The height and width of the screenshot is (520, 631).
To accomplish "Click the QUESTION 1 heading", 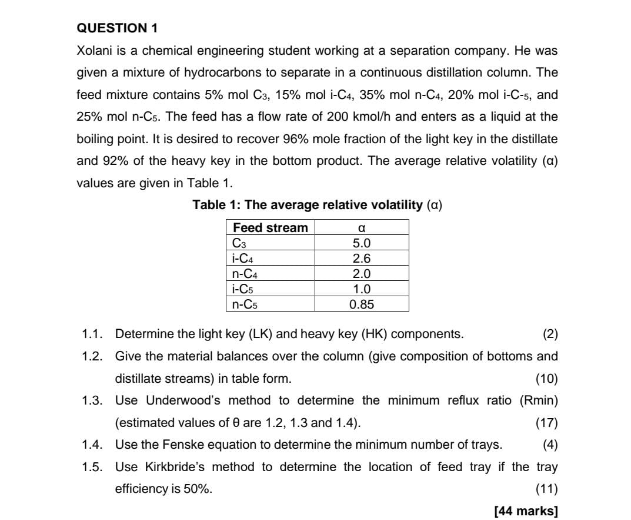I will click(118, 28).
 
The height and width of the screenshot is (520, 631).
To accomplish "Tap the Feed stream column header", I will click(271, 228).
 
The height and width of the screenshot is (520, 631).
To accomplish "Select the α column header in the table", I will click(362, 228).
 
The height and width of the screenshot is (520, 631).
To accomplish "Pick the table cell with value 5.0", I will click(362, 243).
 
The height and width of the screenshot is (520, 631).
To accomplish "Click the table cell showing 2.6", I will click(362, 259).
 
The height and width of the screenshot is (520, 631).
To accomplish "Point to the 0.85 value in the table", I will click(362, 304).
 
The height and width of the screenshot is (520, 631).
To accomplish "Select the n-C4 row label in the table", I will click(246, 274).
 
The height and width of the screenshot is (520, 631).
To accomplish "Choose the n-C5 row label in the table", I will click(246, 304).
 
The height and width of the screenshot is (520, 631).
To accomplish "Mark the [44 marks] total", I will click(526, 511).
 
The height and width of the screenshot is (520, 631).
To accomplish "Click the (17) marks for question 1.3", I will click(547, 423).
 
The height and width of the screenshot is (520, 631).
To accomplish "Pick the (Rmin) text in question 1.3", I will click(539, 400).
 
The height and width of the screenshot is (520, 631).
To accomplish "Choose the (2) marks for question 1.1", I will click(550, 334).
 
